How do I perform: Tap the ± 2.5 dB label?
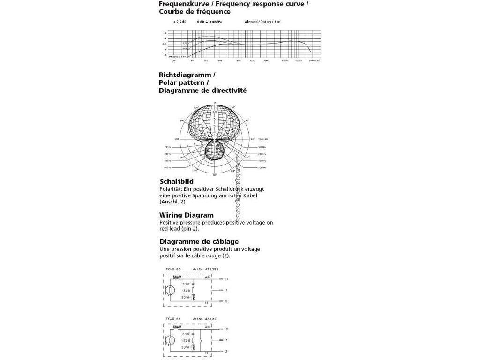point(180,22)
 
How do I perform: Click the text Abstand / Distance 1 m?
point(262,22)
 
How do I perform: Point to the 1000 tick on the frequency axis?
point(252,61)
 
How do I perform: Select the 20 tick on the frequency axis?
point(174,61)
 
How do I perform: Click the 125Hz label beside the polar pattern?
point(169,147)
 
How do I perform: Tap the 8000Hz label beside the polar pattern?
point(262,167)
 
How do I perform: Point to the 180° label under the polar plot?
point(215,175)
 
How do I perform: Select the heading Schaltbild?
point(176,181)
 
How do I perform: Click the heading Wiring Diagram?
point(186,215)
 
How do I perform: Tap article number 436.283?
point(211,269)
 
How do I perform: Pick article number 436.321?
point(211,319)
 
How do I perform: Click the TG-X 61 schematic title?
point(173,319)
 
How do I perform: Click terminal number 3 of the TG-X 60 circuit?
point(226,279)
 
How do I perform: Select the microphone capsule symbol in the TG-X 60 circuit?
point(172,290)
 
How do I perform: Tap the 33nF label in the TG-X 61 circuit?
point(187,334)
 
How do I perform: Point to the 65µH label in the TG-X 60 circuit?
point(177,277)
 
